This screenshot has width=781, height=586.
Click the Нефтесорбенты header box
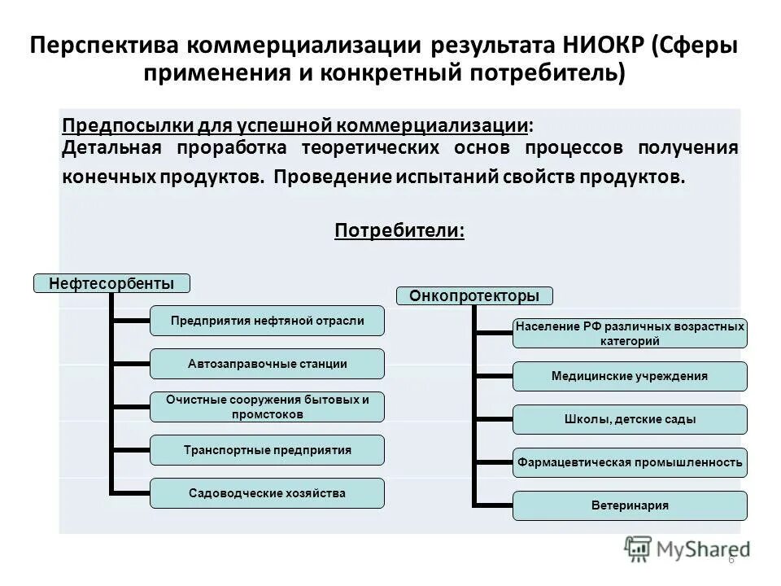pyautogui.click(x=111, y=283)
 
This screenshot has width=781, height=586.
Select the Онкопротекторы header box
pyautogui.click(x=474, y=295)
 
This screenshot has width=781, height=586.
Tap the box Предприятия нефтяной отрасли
pyautogui.click(x=268, y=321)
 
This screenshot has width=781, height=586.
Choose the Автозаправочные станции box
pyautogui.click(x=268, y=364)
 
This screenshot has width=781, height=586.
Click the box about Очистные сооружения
pyautogui.click(x=268, y=407)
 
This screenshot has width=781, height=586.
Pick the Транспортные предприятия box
pyautogui.click(x=268, y=450)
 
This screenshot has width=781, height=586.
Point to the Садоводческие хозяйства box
pyautogui.click(x=268, y=493)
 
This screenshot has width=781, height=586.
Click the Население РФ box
pyautogui.click(x=629, y=334)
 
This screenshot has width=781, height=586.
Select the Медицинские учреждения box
pyautogui.click(x=629, y=376)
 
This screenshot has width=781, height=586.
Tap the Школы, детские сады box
pyautogui.click(x=629, y=419)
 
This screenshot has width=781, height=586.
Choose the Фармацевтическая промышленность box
pyautogui.click(x=629, y=462)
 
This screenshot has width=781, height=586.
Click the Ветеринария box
pyautogui.click(x=629, y=505)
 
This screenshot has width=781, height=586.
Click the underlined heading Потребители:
pyautogui.click(x=400, y=231)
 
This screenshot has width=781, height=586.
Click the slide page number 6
pyautogui.click(x=731, y=560)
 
